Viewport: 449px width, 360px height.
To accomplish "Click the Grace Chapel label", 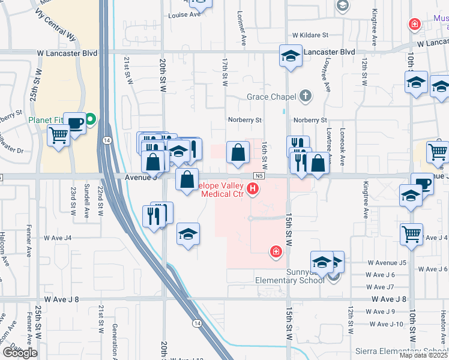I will point(271,97).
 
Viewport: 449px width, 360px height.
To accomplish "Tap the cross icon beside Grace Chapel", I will point(306,95).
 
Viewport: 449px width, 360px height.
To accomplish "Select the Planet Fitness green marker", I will point(90,119).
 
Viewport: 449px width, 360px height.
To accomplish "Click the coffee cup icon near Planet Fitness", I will point(74,124).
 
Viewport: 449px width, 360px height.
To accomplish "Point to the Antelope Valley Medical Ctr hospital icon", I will point(253,190).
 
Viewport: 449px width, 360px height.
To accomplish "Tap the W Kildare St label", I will point(311,36).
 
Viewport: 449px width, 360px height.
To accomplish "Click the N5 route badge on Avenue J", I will point(259,176).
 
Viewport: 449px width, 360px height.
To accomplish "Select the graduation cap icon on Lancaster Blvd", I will point(291,56).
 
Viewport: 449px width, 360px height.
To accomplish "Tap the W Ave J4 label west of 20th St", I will point(58,238).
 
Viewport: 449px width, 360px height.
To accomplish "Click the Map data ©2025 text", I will point(424,355).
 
